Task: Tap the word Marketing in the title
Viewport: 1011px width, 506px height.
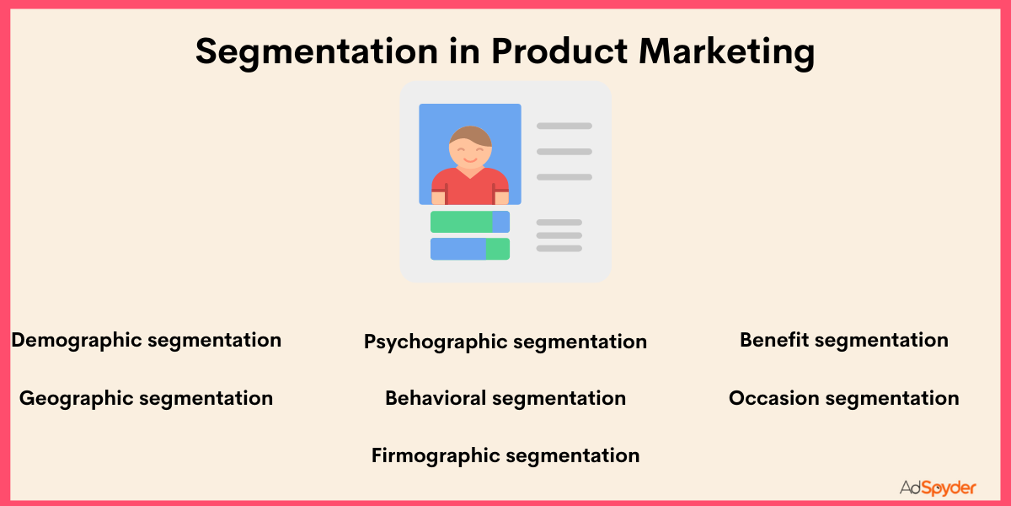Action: (727, 52)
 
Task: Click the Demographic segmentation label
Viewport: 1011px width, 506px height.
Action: (146, 340)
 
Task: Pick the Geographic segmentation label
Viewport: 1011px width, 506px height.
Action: (146, 398)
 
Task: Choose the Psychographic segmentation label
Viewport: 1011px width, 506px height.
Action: (505, 342)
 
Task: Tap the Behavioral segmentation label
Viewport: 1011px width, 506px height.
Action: (505, 398)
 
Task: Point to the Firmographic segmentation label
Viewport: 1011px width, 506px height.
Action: (505, 455)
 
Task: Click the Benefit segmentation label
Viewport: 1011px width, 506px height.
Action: (844, 340)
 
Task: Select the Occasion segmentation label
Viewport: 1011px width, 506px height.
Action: (844, 398)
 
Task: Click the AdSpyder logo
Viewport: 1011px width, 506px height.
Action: (937, 487)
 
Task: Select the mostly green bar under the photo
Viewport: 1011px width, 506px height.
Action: (462, 222)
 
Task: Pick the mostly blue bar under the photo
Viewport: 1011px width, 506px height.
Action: (458, 249)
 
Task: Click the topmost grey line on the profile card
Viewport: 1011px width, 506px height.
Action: (564, 126)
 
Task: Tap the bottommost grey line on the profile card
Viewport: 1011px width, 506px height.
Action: (559, 249)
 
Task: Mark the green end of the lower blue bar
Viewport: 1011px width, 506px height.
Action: (498, 249)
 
